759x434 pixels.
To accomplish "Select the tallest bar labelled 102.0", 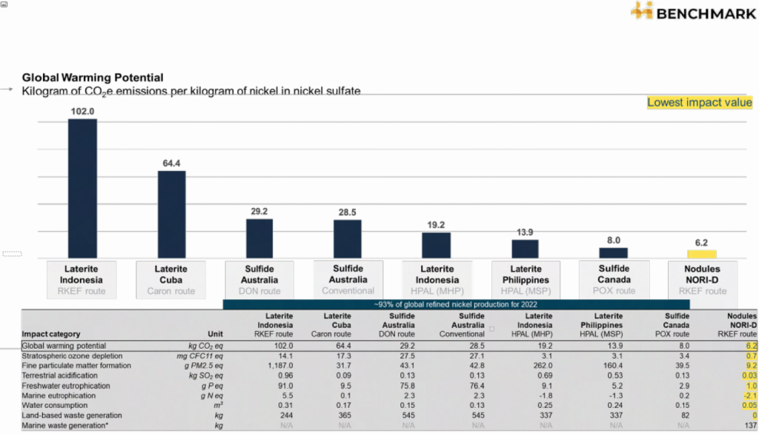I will click(82, 188).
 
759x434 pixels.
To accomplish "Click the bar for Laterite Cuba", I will click(171, 214).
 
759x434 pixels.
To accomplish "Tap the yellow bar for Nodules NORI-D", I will click(701, 253).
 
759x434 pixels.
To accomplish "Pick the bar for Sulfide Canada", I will click(613, 253).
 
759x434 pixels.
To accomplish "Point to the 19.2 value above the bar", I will click(436, 225).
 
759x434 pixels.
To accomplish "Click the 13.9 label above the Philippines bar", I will click(525, 233).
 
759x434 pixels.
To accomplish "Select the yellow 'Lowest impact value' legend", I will click(699, 103).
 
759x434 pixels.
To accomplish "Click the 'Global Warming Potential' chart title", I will click(93, 77).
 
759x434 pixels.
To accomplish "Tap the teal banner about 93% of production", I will click(456, 304).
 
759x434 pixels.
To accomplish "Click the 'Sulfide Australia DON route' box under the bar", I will click(259, 280).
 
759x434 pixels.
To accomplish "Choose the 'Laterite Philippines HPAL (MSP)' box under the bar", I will click(525, 280).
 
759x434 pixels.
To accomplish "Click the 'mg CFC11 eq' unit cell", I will click(202, 355).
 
